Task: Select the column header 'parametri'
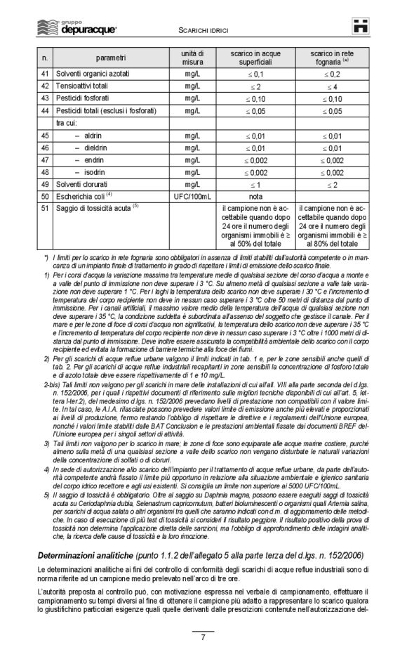click(x=112, y=57)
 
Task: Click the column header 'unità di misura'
click(x=192, y=57)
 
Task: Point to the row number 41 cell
click(x=45, y=74)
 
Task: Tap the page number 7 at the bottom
click(x=203, y=637)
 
